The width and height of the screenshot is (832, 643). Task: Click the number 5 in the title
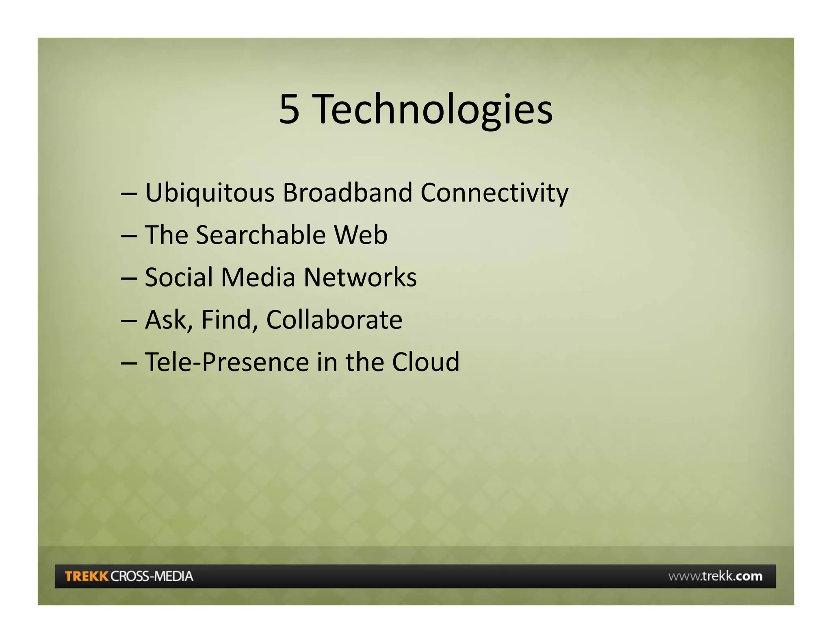(289, 109)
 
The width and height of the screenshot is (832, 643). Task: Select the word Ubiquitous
(210, 193)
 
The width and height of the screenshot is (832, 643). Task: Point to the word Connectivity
(494, 193)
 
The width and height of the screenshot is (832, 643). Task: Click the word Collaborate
(334, 320)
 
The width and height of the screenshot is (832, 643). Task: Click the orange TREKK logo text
(87, 576)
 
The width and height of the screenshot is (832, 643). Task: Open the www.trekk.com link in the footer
(715, 576)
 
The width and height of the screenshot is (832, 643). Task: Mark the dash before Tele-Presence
(129, 363)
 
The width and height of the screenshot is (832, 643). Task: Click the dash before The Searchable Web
(129, 236)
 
